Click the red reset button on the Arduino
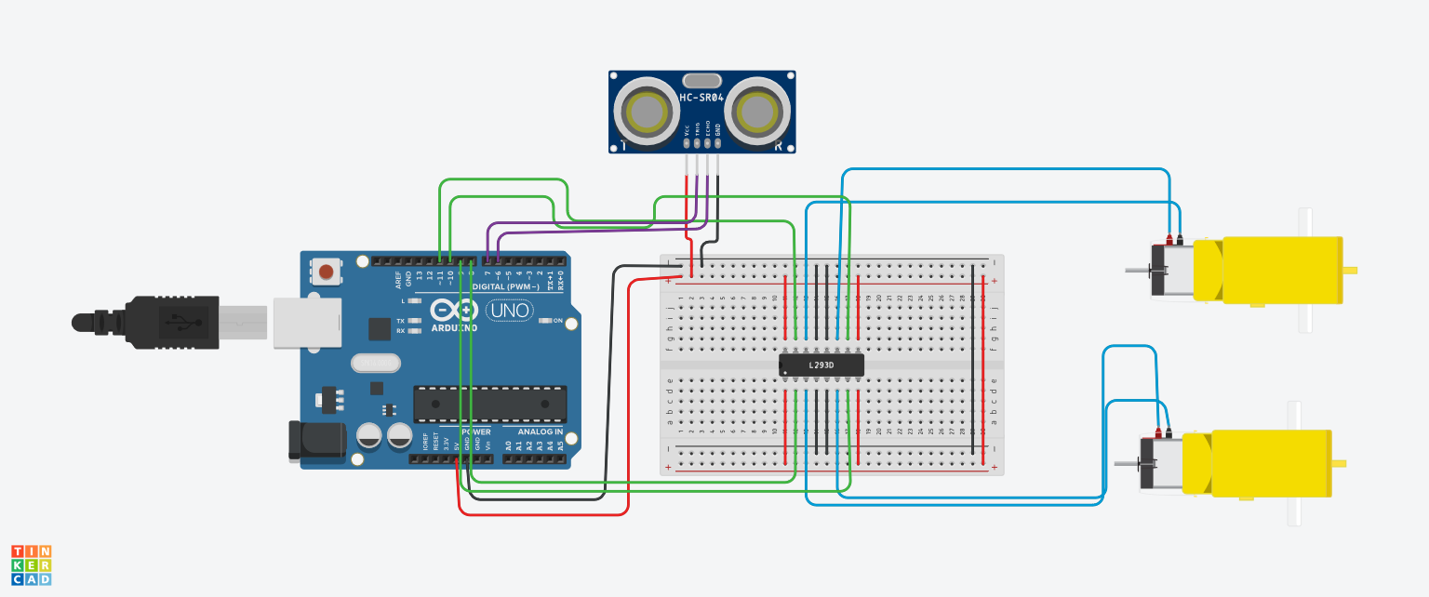[x=327, y=272]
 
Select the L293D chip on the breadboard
[x=821, y=365]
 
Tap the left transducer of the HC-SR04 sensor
[x=648, y=113]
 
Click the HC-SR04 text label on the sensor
[x=702, y=98]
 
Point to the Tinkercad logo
[x=32, y=565]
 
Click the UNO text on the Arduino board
[x=509, y=310]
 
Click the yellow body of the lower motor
[x=1270, y=462]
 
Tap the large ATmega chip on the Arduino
[x=489, y=404]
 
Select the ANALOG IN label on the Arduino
[x=534, y=432]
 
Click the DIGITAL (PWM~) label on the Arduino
[x=502, y=287]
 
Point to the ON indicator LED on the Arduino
[x=546, y=321]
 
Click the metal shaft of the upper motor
[x=1137, y=271]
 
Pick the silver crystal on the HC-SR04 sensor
[x=702, y=81]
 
